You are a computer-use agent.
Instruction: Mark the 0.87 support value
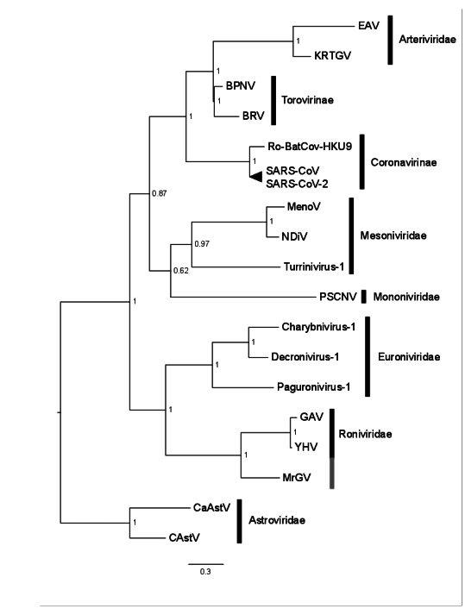(159, 193)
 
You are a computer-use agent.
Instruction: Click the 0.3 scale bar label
(206, 572)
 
